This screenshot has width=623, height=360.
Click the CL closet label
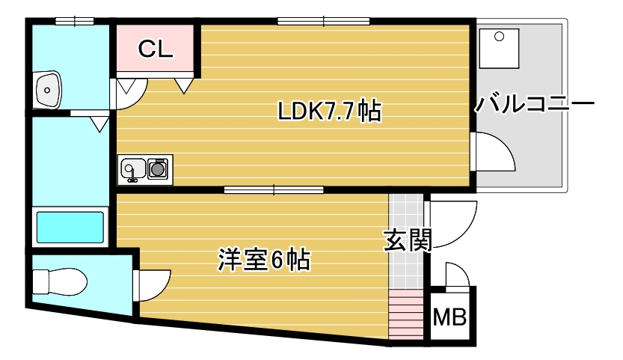point(156,49)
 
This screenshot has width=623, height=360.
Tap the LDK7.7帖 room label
point(329,112)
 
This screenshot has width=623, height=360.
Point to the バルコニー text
point(535,103)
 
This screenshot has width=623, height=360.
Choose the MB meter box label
point(450,317)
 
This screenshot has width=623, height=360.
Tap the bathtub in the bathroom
point(70,226)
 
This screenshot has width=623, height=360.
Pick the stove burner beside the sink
point(158,169)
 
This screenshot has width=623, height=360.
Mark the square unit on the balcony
point(501,49)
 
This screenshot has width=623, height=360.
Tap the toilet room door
point(153,284)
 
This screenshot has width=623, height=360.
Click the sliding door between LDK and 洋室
point(274,190)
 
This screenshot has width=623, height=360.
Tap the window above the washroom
point(74,21)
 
